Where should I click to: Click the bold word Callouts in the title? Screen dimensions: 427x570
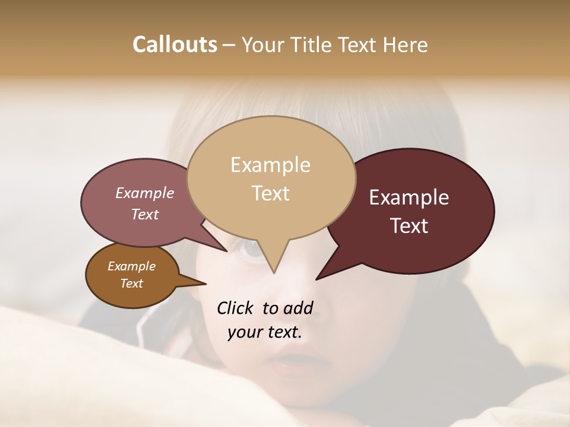pyautogui.click(x=175, y=44)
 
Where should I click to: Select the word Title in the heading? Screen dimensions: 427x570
pyautogui.click(x=313, y=45)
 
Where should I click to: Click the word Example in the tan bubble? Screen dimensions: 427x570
pyautogui.click(x=270, y=165)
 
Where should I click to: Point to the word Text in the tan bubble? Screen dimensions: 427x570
pyautogui.click(x=270, y=193)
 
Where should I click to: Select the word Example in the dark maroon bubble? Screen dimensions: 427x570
pyautogui.click(x=409, y=197)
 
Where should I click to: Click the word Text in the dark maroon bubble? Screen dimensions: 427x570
pyautogui.click(x=410, y=226)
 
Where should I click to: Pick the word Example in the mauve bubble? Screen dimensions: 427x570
pyautogui.click(x=144, y=193)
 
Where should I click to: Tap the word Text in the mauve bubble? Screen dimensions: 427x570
pyautogui.click(x=144, y=215)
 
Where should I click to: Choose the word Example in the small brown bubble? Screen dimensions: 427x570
pyautogui.click(x=131, y=266)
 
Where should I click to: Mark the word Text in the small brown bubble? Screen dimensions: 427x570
pyautogui.click(x=131, y=283)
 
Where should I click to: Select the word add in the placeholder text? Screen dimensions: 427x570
pyautogui.click(x=298, y=308)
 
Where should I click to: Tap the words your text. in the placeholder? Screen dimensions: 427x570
pyautogui.click(x=264, y=333)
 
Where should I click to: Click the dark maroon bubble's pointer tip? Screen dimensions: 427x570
pyautogui.click(x=317, y=279)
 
